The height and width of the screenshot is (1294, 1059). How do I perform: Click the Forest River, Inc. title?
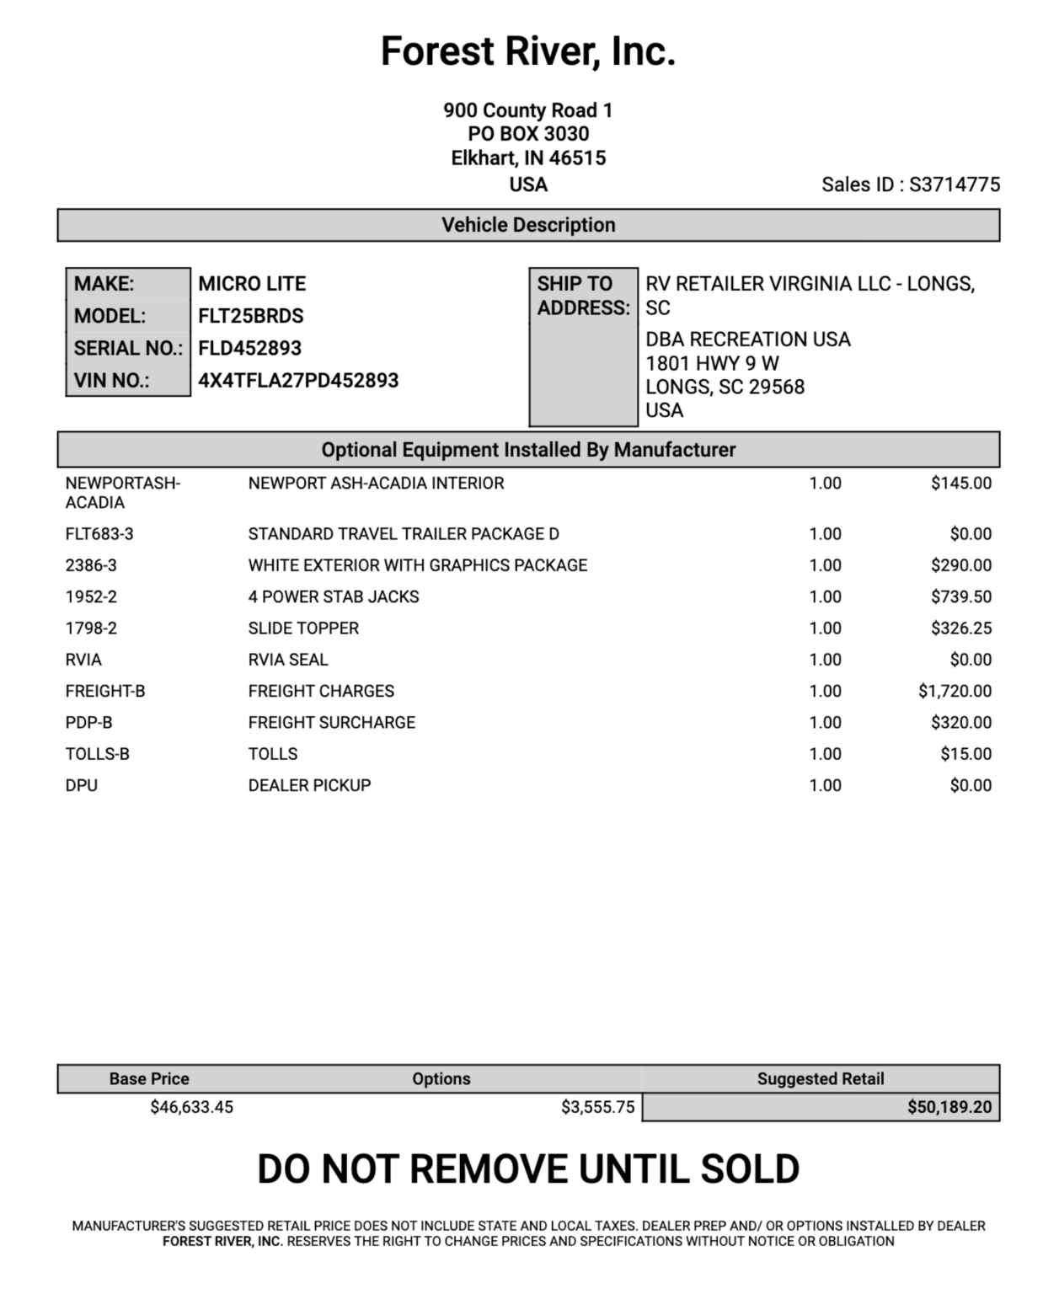point(528,51)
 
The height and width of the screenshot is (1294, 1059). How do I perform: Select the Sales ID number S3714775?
point(955,184)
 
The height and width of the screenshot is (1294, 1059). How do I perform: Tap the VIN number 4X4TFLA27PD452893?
point(298,381)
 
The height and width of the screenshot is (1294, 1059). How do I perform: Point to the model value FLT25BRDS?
point(251,316)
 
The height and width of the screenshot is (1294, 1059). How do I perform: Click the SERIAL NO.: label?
point(128,348)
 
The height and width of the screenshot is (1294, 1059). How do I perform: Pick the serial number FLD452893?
point(249,348)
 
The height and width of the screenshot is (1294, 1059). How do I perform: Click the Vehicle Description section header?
point(528,225)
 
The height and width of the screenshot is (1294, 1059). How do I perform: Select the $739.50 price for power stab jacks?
point(961,596)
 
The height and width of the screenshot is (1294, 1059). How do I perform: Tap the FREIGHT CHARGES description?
point(321,691)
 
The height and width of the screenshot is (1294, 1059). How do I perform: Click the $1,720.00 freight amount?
point(955,691)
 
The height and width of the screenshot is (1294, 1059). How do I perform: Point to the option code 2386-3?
point(91,565)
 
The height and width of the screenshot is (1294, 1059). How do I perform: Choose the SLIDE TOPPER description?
point(303,628)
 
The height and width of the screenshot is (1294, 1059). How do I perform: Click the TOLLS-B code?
point(98,754)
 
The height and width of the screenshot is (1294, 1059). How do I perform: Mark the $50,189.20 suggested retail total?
point(949,1107)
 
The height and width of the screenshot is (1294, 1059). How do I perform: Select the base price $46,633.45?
point(191,1107)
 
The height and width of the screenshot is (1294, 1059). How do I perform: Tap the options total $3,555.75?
point(597,1107)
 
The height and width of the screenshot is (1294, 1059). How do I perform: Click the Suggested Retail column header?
point(821,1079)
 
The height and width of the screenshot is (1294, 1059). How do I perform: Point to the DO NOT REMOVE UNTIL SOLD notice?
point(528,1169)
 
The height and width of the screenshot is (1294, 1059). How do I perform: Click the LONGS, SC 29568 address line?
point(725,387)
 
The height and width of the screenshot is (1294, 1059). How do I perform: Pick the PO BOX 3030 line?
point(528,134)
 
